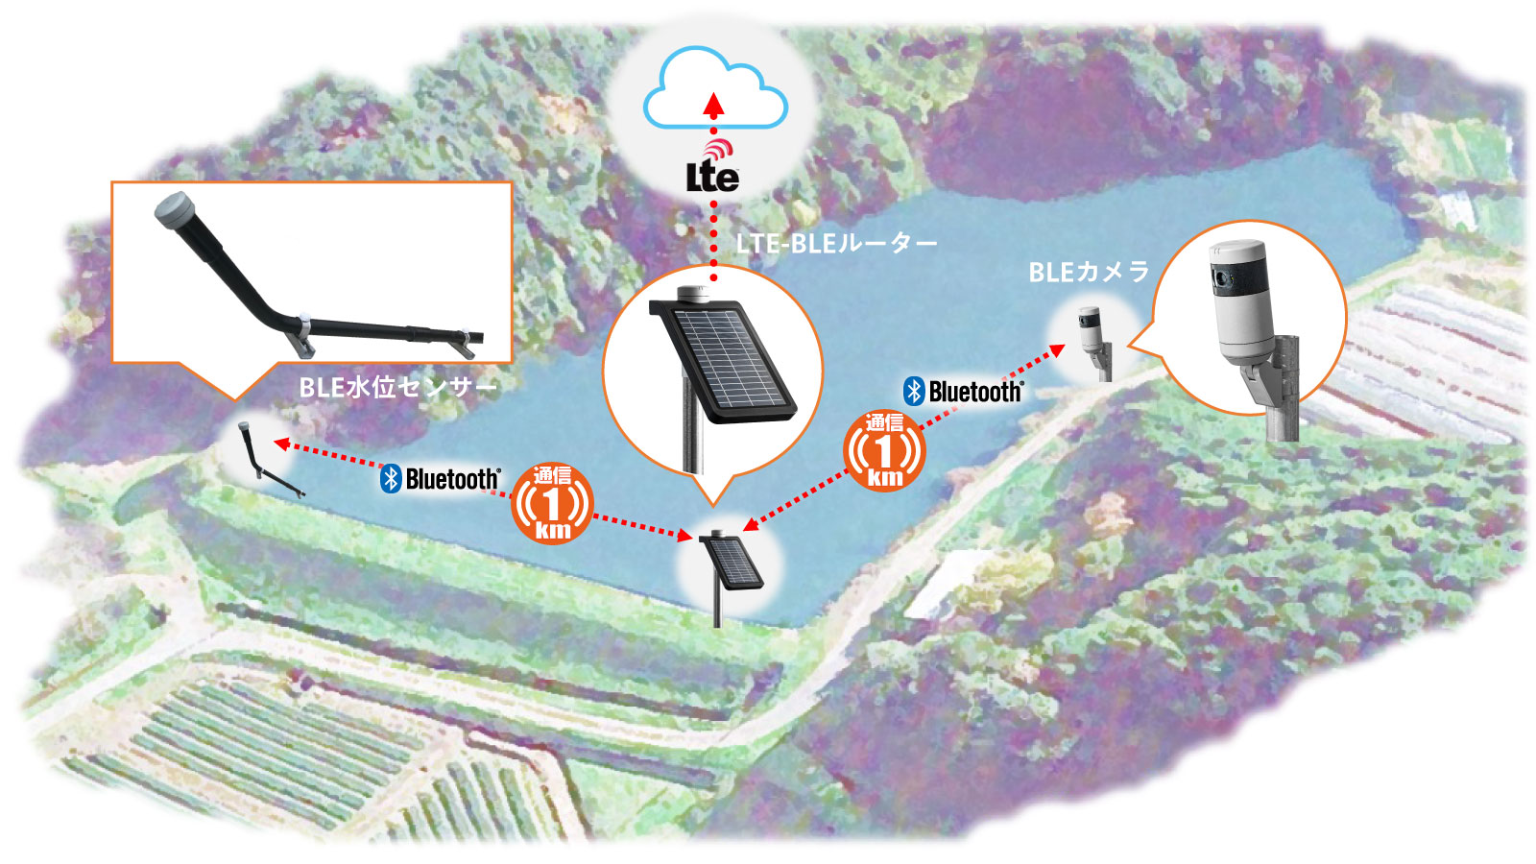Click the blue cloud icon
[715, 87]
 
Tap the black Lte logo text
[713, 177]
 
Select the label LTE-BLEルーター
[836, 244]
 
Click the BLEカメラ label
[1089, 273]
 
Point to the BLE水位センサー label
[398, 388]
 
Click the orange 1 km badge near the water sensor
[552, 503]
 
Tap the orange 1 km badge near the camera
[884, 450]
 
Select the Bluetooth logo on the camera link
[964, 392]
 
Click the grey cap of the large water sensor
[173, 208]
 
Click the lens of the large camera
[1221, 278]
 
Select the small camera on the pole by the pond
[1093, 343]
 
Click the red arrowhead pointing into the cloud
[714, 105]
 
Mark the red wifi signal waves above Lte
[719, 149]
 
